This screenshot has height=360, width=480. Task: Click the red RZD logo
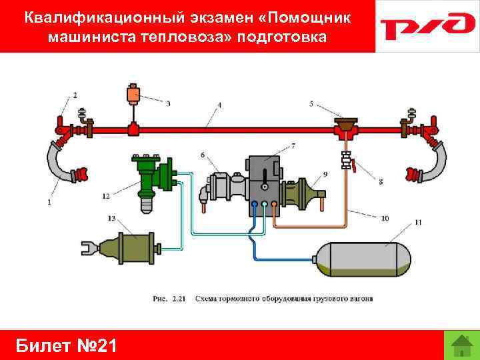click(427, 26)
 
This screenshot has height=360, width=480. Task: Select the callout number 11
click(417, 221)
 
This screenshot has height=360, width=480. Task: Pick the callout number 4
click(219, 105)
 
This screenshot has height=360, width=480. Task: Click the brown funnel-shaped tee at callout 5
click(346, 125)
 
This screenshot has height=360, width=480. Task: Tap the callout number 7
click(293, 145)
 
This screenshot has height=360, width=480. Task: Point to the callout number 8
click(381, 181)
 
